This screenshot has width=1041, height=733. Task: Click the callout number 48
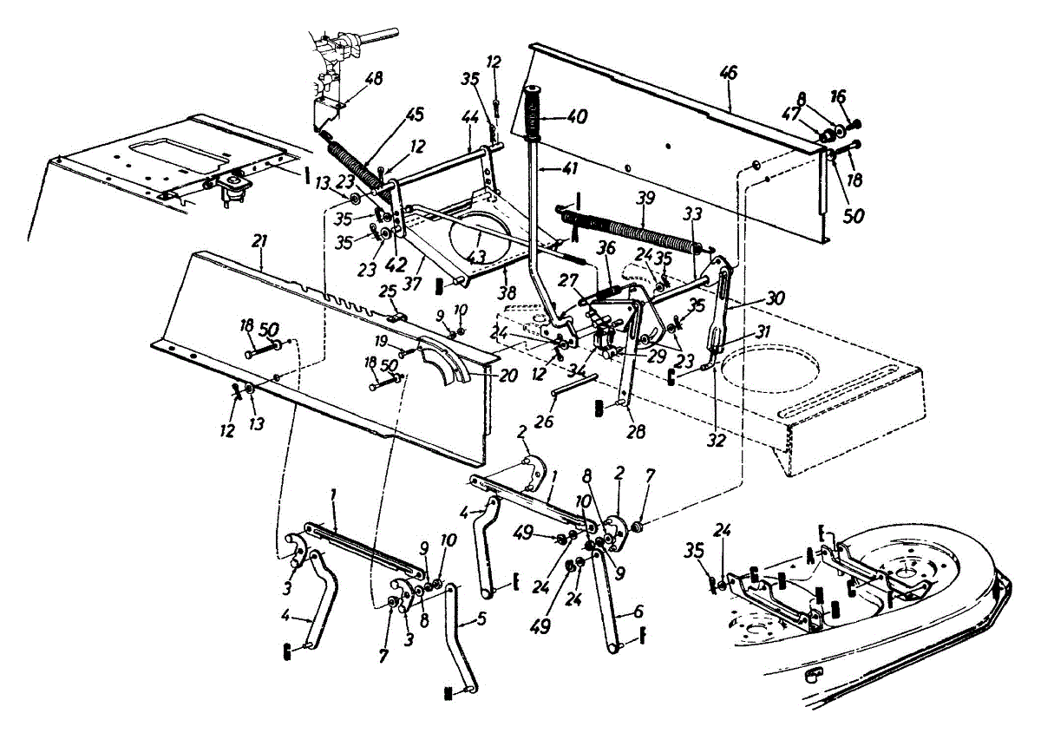[x=373, y=77]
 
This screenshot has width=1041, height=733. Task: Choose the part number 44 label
[x=471, y=115]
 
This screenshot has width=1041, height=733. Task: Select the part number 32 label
[x=715, y=440]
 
